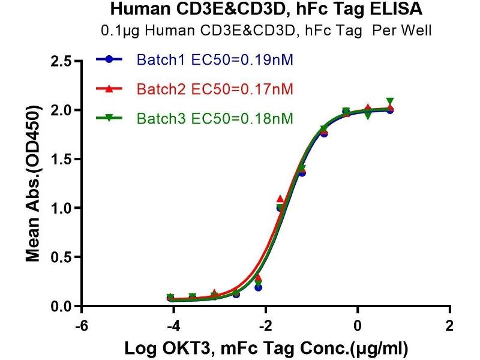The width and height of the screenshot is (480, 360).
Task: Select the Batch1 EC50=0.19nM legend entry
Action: [x=215, y=60]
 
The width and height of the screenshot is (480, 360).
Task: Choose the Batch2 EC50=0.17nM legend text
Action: [x=215, y=89]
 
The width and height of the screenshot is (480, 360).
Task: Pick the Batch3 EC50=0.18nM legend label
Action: [x=215, y=119]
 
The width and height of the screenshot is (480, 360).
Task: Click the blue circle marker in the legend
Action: [x=109, y=60]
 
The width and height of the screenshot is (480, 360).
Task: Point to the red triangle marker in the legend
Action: [x=109, y=89]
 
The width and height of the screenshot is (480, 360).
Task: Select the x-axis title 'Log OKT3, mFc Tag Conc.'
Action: [x=265, y=347]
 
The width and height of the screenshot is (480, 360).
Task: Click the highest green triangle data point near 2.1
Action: [x=390, y=101]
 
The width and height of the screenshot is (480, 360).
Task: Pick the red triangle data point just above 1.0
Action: [x=280, y=199]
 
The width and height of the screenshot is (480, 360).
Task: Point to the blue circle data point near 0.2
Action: [x=258, y=287]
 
